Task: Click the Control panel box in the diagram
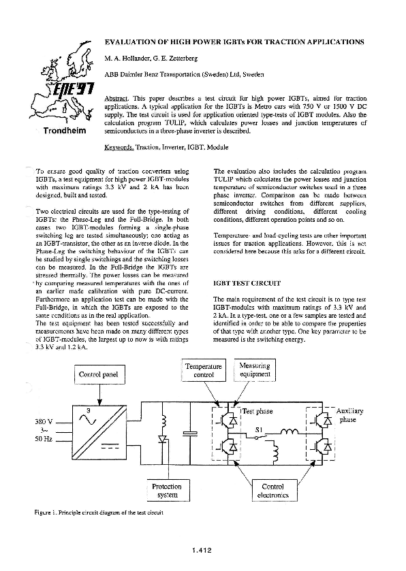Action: [x=99, y=374]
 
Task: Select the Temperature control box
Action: [x=204, y=370]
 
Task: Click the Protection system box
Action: [x=166, y=491]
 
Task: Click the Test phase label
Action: [x=257, y=412]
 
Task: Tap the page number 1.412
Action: [x=204, y=548]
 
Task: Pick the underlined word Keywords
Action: [x=119, y=147]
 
